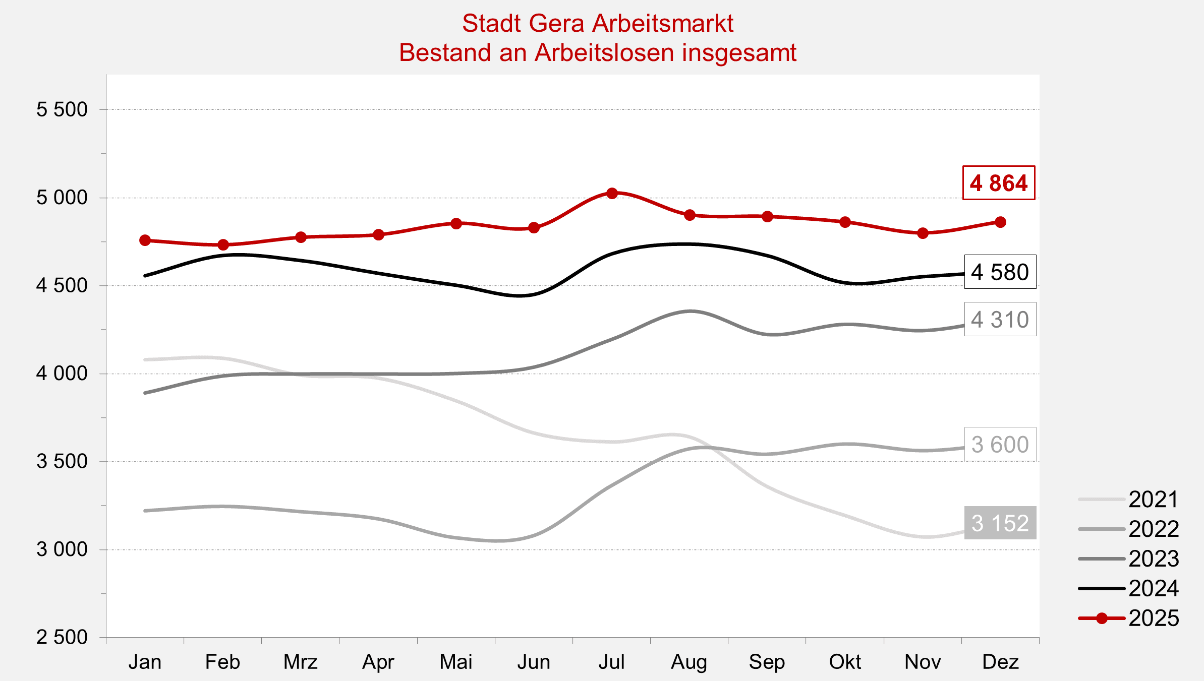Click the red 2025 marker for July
pos(612,194)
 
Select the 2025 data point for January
pos(145,240)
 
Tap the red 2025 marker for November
pos(923,233)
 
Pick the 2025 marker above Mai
pos(456,223)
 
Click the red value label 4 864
pos(999,183)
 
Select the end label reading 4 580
pos(1000,272)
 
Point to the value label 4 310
pos(1000,320)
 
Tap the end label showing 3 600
pos(1000,445)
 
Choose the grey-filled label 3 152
pos(1000,523)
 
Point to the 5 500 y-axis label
pos(62,109)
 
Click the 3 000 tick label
pos(62,549)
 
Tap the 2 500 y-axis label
pos(62,637)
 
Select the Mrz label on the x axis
pos(301,662)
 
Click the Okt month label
pos(845,662)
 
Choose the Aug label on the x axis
pos(689,662)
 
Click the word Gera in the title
pos(557,23)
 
